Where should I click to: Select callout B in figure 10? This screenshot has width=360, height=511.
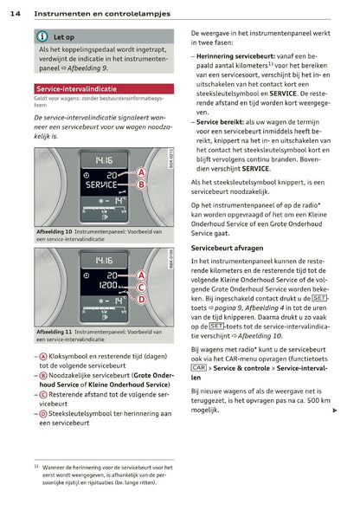141,185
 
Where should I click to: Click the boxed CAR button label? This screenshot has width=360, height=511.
197,368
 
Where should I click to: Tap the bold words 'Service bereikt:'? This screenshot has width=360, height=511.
218,122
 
